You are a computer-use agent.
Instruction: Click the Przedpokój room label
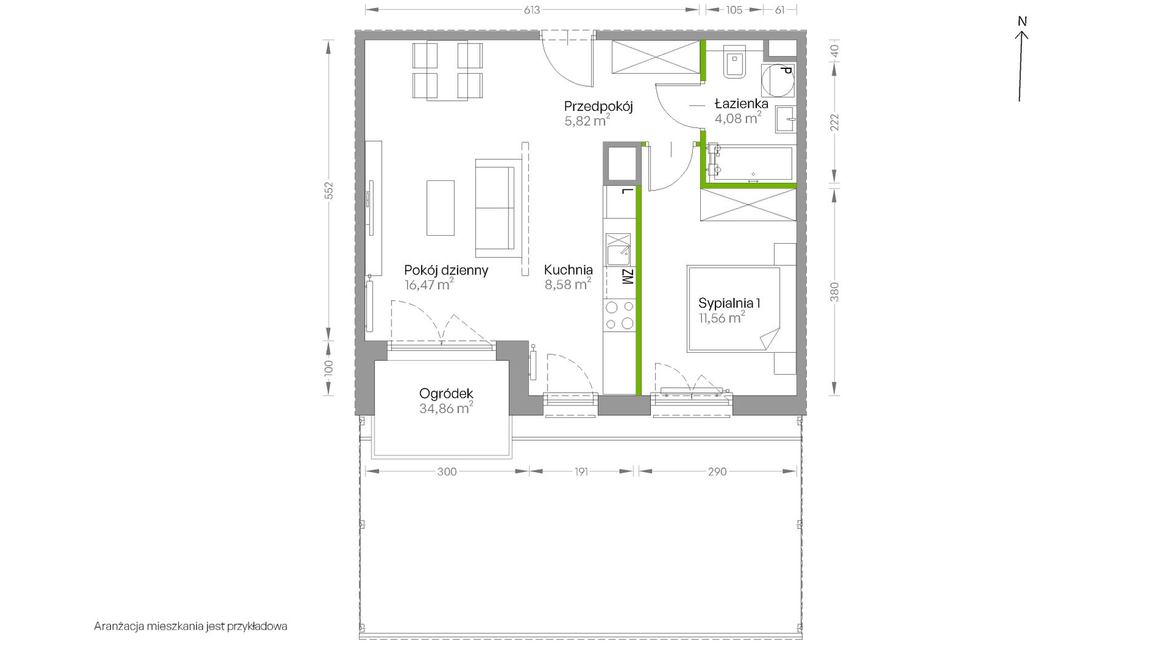click(x=598, y=106)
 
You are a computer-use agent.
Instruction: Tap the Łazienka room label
click(x=741, y=103)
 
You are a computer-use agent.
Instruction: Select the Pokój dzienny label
click(x=446, y=270)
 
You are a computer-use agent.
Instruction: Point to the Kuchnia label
click(x=568, y=270)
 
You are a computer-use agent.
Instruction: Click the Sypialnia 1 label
click(x=729, y=303)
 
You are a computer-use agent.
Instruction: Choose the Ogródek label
click(x=446, y=393)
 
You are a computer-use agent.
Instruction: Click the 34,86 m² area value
click(x=446, y=408)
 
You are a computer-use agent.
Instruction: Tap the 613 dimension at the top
click(x=532, y=10)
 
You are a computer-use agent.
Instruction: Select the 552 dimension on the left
click(x=329, y=190)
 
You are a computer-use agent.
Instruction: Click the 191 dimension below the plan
click(x=581, y=471)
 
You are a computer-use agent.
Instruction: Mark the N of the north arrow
click(x=1022, y=21)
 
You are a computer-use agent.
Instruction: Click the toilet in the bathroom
click(x=735, y=62)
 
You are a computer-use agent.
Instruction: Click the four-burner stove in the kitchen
click(x=619, y=315)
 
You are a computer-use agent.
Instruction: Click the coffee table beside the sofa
click(x=440, y=207)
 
